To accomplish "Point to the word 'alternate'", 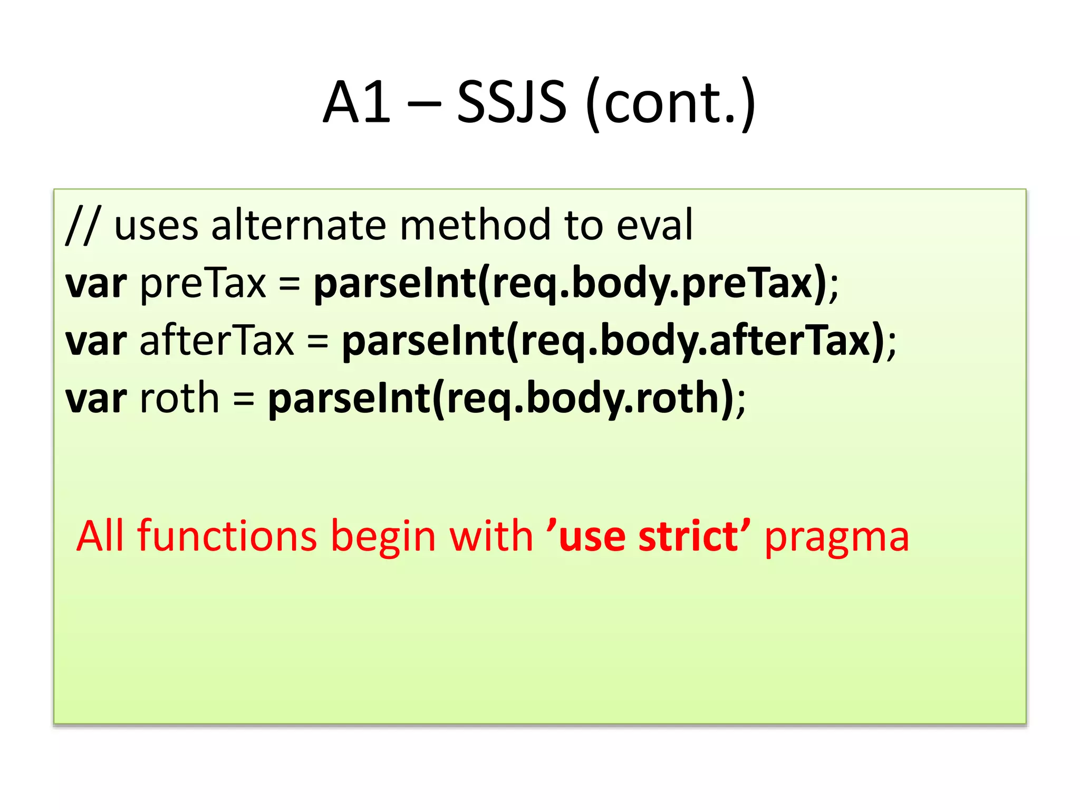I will pyautogui.click(x=298, y=226).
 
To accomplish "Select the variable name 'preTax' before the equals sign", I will pyautogui.click(x=203, y=284).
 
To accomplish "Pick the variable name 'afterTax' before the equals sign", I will pyautogui.click(x=216, y=341).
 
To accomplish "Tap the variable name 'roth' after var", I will pyautogui.click(x=179, y=398).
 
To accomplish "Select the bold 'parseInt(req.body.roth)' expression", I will pyautogui.click(x=501, y=398).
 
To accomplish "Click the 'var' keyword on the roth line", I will pyautogui.click(x=96, y=399).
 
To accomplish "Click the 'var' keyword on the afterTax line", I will pyautogui.click(x=96, y=342).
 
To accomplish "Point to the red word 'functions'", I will pyautogui.click(x=227, y=536).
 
